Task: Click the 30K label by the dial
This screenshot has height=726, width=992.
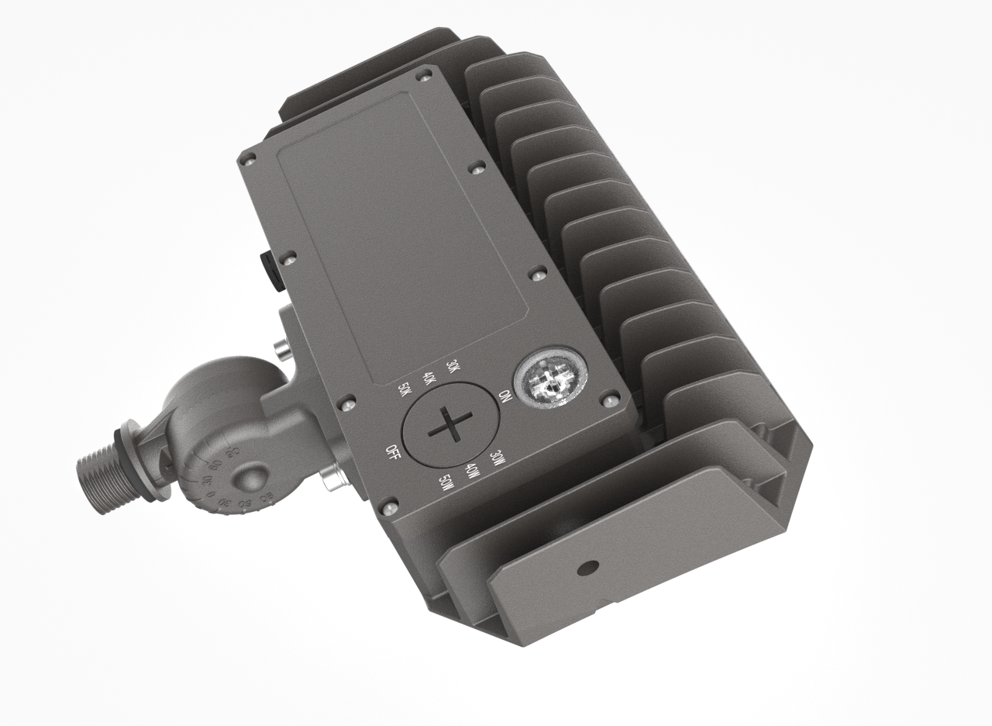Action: [453, 367]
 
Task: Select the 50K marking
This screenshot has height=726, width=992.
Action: [404, 389]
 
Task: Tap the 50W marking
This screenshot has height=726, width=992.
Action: [445, 482]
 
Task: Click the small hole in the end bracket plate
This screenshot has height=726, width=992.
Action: [591, 567]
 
